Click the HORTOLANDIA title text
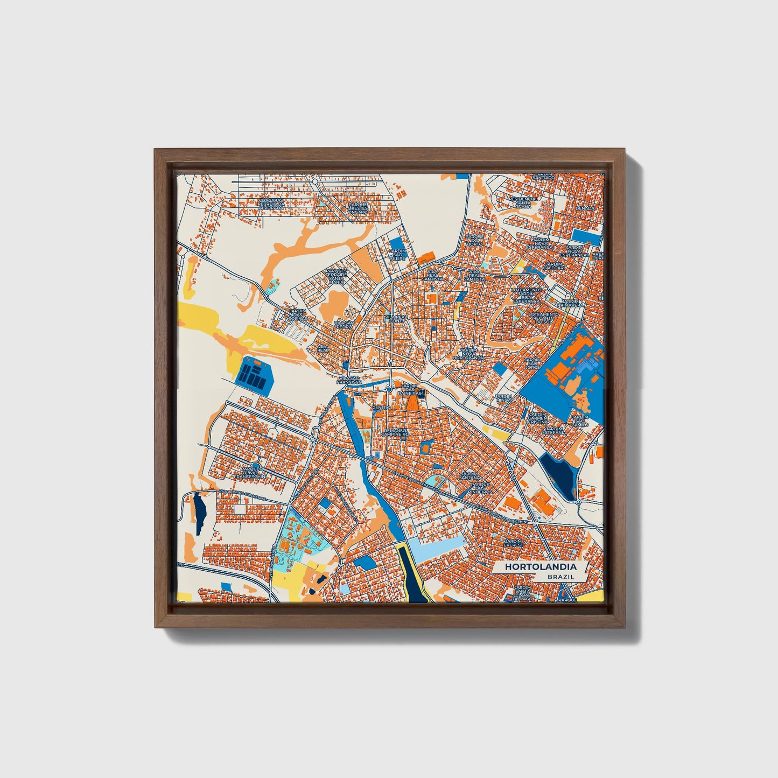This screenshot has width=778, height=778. [x=541, y=567]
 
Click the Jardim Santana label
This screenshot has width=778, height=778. [x=469, y=475]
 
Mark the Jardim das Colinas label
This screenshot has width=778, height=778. [x=297, y=314]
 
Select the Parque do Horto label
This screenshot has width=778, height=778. [x=475, y=240]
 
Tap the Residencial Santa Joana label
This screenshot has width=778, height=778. [x=523, y=201]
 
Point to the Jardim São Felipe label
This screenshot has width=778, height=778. [x=398, y=254]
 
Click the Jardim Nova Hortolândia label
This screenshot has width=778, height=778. [x=469, y=354]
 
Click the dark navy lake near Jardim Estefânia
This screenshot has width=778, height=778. [x=559, y=474]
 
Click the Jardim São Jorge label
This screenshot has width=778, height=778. [x=532, y=363]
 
